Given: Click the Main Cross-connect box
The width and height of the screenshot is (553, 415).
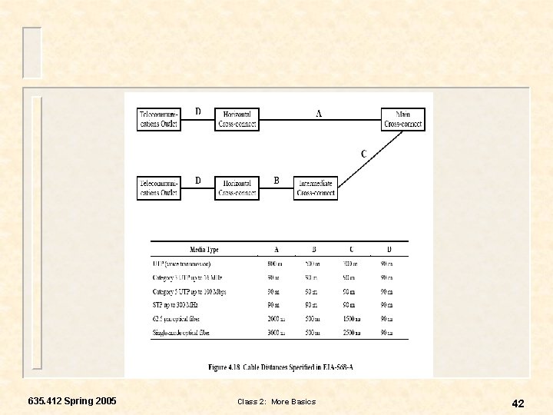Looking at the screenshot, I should [x=403, y=119].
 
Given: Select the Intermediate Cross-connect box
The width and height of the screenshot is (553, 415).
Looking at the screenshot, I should [x=316, y=188].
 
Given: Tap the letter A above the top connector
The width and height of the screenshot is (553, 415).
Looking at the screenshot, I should [x=319, y=113].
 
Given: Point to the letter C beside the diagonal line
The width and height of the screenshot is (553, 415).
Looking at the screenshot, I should [x=363, y=154].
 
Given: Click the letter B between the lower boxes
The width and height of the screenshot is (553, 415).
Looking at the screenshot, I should [x=276, y=181].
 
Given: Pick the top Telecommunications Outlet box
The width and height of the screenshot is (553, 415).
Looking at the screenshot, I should [x=159, y=119].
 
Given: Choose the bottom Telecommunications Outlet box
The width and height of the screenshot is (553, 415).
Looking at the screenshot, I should [x=159, y=188].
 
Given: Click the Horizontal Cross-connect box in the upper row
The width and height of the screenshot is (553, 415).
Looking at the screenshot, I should [x=237, y=119].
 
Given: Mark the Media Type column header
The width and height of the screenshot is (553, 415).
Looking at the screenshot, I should [x=204, y=250].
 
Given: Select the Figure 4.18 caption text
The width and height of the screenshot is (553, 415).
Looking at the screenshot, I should [x=280, y=367].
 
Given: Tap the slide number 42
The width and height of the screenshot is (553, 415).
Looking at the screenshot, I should [x=518, y=403].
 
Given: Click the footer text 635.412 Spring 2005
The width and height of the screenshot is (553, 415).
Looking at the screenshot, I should [x=72, y=401].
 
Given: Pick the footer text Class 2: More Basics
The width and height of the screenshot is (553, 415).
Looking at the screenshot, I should [x=276, y=402].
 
